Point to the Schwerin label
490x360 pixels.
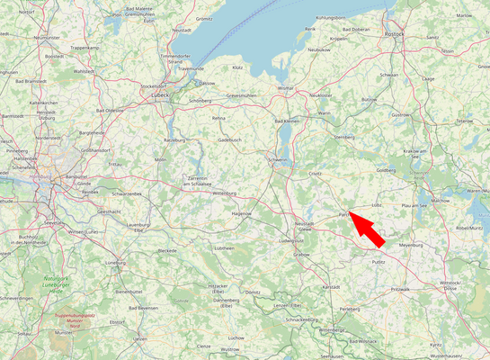click(279, 160)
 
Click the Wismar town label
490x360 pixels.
click(286, 88)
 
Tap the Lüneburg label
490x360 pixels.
click(115, 263)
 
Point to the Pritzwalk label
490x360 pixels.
click(400, 289)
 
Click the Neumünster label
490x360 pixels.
click(47, 37)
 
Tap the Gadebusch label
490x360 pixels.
click(229, 139)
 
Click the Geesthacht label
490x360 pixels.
click(109, 211)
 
